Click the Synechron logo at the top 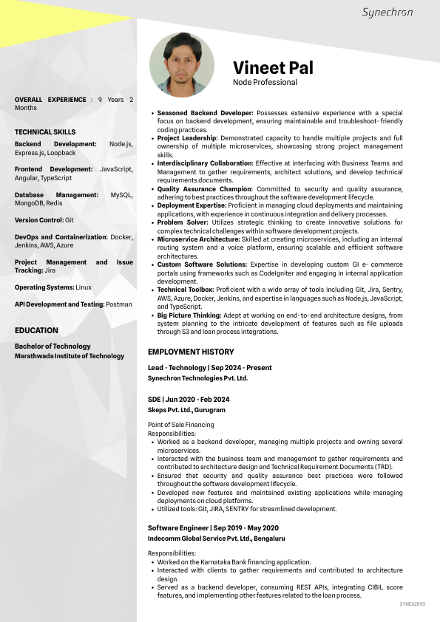[x=387, y=13]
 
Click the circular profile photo [x=182, y=64]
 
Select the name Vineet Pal [x=273, y=68]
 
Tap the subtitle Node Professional [x=265, y=83]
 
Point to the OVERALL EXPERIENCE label [x=50, y=99]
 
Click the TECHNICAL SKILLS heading [x=45, y=132]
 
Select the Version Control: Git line [x=44, y=220]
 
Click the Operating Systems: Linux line [x=53, y=287]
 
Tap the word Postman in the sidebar [x=118, y=304]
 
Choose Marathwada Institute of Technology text [x=70, y=356]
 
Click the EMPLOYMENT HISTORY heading [x=191, y=352]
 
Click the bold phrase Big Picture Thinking [x=189, y=315]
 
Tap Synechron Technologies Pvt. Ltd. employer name [x=197, y=377]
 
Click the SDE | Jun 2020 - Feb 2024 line [x=189, y=399]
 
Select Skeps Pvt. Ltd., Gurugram [x=186, y=409]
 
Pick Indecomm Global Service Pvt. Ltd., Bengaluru [x=216, y=539]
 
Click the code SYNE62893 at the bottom [x=412, y=604]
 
